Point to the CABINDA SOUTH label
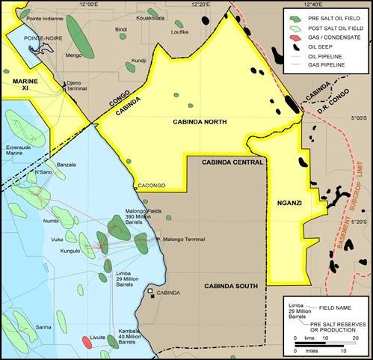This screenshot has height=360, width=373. click(x=231, y=286)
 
